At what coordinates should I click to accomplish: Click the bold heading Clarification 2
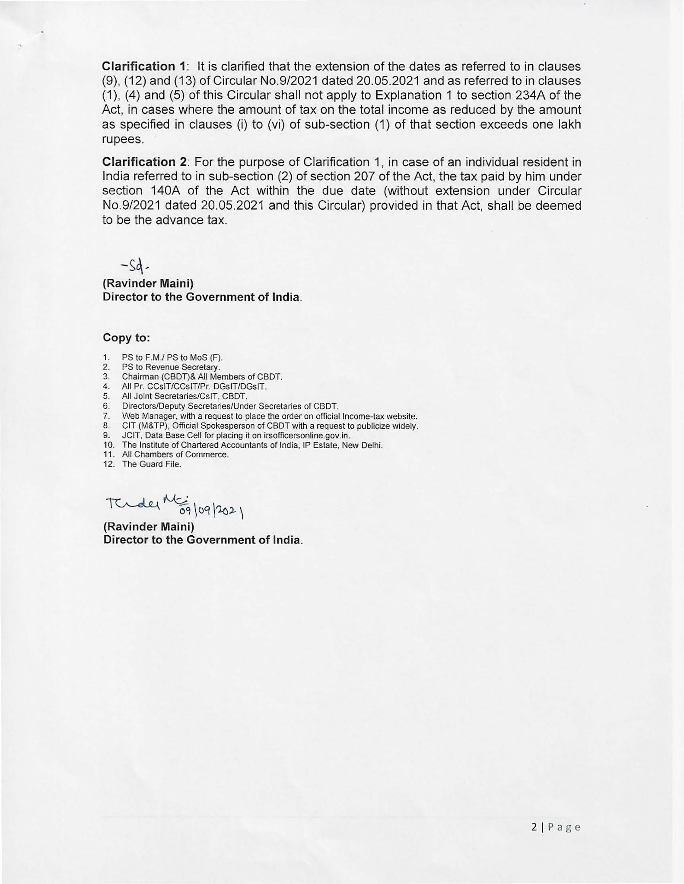pos(144,162)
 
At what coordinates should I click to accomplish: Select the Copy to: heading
pos(126,338)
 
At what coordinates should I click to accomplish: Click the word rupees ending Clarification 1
pos(122,140)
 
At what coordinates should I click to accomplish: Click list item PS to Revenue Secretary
pos(171,367)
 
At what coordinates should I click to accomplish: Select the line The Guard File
pos(151,464)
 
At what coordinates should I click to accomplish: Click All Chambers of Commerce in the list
pos(175,455)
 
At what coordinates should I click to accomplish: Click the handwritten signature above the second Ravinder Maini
pos(143,504)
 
